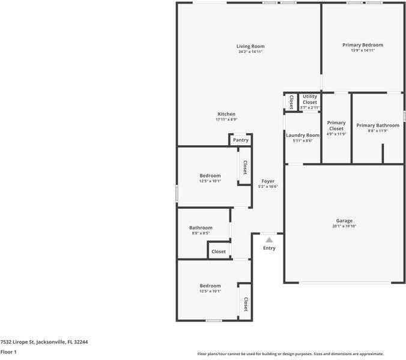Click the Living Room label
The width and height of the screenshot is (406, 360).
(x=250, y=46)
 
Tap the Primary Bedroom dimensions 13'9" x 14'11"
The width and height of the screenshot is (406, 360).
(x=363, y=51)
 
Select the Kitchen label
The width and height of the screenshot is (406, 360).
(x=226, y=114)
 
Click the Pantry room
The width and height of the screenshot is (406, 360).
(x=240, y=140)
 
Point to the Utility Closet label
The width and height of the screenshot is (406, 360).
(x=310, y=99)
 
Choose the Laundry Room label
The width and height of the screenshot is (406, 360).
(x=303, y=136)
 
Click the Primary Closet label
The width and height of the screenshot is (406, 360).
(x=336, y=125)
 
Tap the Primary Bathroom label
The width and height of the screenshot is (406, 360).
(x=377, y=125)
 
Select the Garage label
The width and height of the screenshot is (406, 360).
(x=344, y=221)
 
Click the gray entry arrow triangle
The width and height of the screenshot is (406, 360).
(x=269, y=240)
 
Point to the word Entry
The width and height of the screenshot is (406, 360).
(x=269, y=248)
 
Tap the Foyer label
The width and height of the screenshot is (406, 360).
(x=268, y=181)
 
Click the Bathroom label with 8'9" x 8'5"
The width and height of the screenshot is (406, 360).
(x=201, y=228)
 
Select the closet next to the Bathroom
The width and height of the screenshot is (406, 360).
(x=219, y=251)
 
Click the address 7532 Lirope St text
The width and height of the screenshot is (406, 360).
(x=44, y=341)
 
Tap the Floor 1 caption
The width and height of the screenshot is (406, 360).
(x=8, y=352)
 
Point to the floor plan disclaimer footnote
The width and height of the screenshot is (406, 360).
(x=290, y=354)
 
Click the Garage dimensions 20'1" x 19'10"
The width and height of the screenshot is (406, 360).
(x=344, y=226)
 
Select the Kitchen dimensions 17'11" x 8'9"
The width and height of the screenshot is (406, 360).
(x=226, y=119)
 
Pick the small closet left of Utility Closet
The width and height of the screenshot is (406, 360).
(x=291, y=101)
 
